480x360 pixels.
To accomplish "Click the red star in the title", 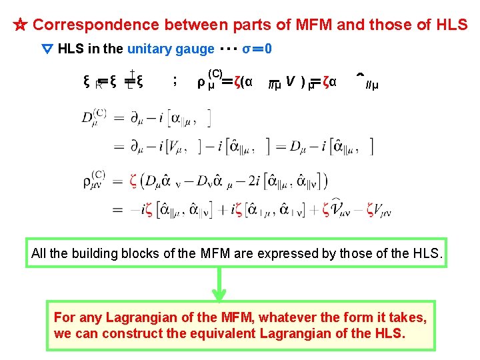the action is pos(20,25).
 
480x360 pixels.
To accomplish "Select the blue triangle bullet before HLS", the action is pos(47,49).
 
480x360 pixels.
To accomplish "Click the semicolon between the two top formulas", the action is pos(175,81).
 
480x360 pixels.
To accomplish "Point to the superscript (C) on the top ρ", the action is pos(215,73).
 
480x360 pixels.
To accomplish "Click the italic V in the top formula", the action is pos(290,81).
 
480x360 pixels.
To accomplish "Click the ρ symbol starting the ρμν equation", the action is pos(87,181).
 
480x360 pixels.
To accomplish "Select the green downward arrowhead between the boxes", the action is pos(219,293).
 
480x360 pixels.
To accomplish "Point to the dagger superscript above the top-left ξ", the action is pos(133,73).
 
